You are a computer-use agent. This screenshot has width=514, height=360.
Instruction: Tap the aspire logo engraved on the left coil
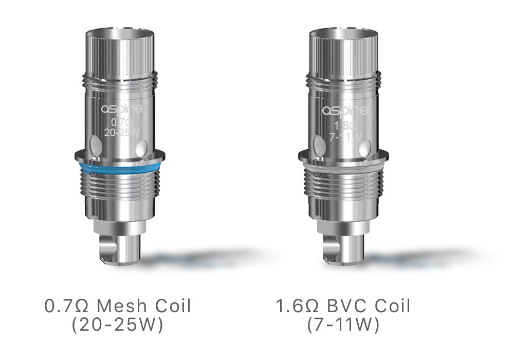[x=122, y=109]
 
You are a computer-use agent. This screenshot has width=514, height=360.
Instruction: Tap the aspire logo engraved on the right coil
[x=345, y=111]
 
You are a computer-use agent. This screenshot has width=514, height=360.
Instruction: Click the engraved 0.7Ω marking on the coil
[x=122, y=122]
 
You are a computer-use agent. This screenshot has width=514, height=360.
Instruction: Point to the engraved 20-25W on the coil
[x=122, y=133]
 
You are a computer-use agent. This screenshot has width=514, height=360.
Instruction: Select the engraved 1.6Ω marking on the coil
[x=345, y=125]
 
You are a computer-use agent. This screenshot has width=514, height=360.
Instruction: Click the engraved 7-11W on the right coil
[x=345, y=136]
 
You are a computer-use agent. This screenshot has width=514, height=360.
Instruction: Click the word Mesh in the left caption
[x=122, y=306]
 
